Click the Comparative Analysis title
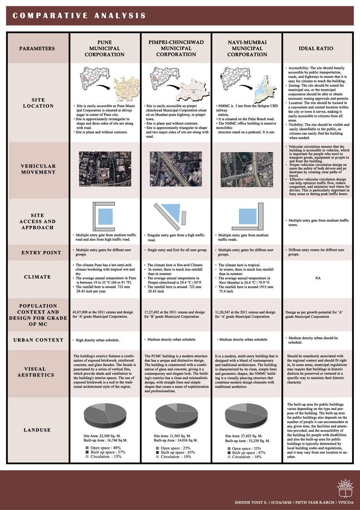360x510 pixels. click(x=79, y=16)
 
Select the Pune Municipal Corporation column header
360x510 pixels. click(x=105, y=48)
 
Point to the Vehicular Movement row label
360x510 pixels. click(x=38, y=169)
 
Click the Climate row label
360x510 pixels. click(x=38, y=277)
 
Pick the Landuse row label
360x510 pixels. click(x=38, y=430)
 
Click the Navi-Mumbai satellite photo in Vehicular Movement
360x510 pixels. click(x=246, y=169)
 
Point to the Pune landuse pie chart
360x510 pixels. click(x=104, y=415)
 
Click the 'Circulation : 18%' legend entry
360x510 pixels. click(x=247, y=457)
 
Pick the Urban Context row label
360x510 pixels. click(x=38, y=340)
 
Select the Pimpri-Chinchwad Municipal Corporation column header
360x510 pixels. click(x=176, y=48)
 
